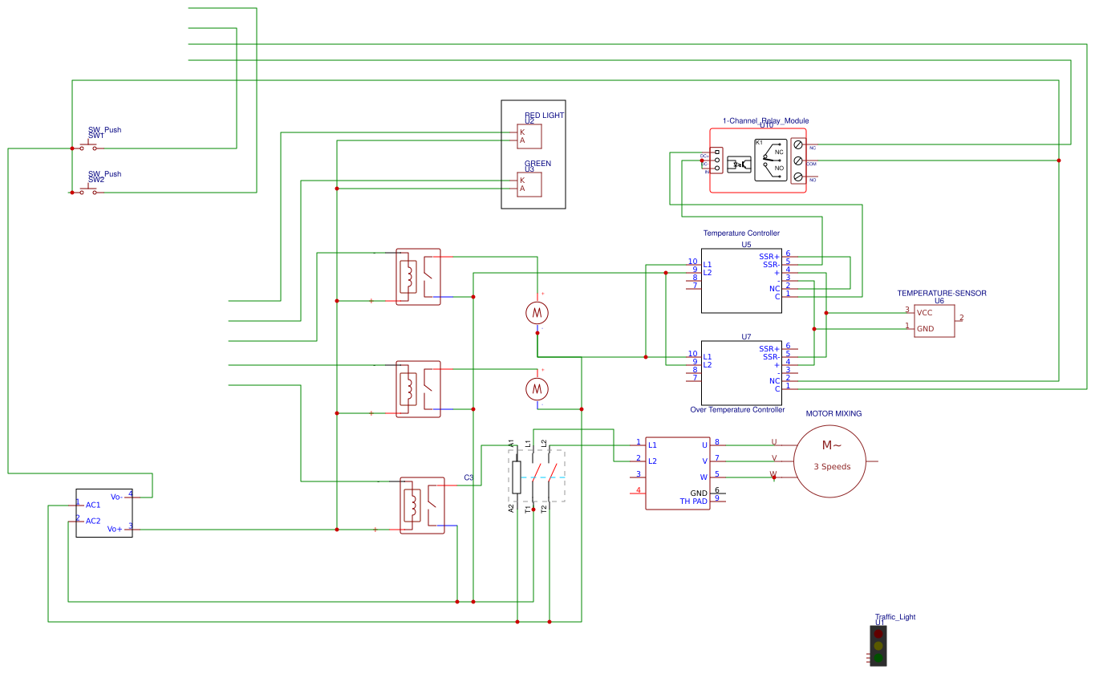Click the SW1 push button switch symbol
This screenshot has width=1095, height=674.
[x=88, y=147]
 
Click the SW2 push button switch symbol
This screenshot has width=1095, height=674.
[x=88, y=191]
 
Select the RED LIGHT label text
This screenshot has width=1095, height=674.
[x=544, y=116]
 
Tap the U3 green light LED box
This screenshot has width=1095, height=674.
[x=529, y=185]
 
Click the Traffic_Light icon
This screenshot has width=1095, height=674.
[x=878, y=645]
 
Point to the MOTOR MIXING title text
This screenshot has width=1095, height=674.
[x=833, y=414]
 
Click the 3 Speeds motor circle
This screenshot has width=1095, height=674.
[x=830, y=461]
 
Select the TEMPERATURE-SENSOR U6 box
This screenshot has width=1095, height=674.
[x=935, y=321]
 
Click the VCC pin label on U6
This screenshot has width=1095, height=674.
[x=925, y=313]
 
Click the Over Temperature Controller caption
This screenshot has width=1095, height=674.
[x=737, y=410]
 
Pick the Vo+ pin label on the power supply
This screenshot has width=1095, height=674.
[x=115, y=529]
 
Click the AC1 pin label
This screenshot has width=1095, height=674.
[x=93, y=505]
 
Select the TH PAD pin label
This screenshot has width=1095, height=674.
[x=694, y=501]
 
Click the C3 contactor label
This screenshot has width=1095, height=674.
[x=468, y=477]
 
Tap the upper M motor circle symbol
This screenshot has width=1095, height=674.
[x=537, y=312]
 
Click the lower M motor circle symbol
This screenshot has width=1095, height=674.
[x=537, y=389]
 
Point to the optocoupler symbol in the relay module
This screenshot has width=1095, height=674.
[x=737, y=164]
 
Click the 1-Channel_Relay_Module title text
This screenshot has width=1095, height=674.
[x=765, y=121]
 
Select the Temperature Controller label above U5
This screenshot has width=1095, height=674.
[x=741, y=233]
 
